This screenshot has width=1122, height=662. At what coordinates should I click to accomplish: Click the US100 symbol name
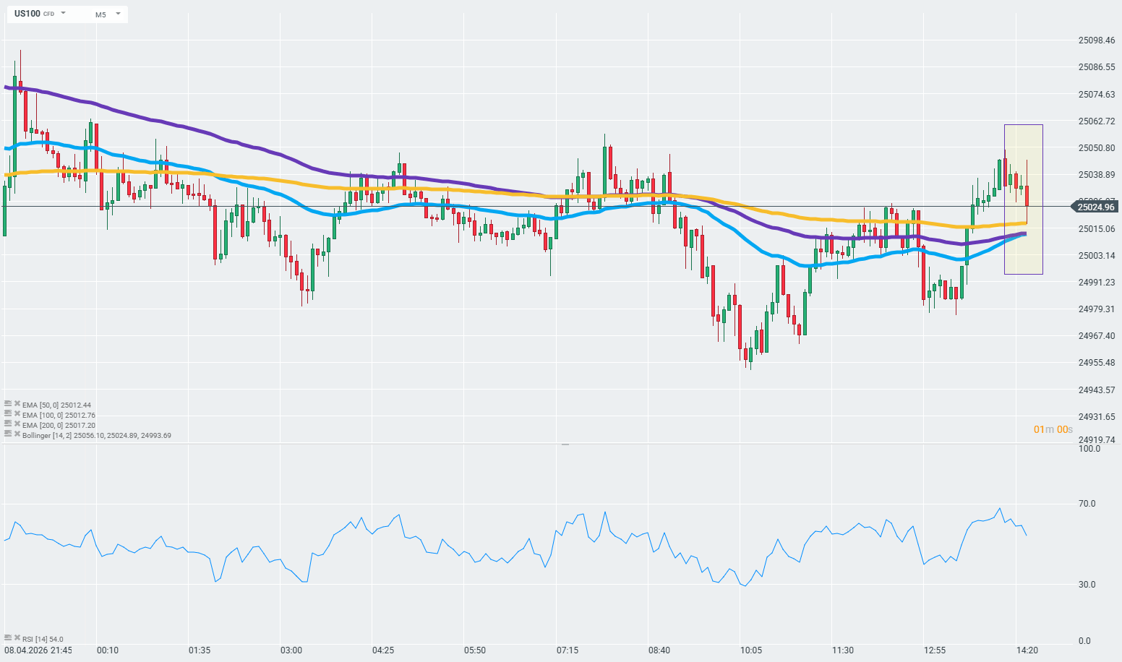pos(27,14)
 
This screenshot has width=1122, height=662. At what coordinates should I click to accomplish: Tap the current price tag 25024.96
pos(1096,207)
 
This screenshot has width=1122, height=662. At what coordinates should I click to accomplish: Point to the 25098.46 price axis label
pos(1096,40)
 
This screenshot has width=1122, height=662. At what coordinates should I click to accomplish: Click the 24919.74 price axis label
pos(1096,439)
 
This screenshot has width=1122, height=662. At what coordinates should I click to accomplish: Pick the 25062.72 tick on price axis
pos(1096,121)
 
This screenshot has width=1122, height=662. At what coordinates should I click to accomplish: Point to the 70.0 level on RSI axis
pos(1087,504)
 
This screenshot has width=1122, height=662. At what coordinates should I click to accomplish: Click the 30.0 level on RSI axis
pos(1087,585)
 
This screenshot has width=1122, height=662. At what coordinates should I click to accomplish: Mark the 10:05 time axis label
pos(750,650)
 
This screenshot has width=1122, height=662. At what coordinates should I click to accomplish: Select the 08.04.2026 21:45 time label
pos(38,650)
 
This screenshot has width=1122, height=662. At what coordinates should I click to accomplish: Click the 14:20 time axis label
pos(1027,650)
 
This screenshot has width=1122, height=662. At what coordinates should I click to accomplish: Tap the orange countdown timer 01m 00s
pos(1053,429)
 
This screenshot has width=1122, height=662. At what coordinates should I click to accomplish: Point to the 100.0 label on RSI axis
pos(1089,449)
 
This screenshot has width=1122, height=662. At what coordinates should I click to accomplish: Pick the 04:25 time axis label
pos(383,650)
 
